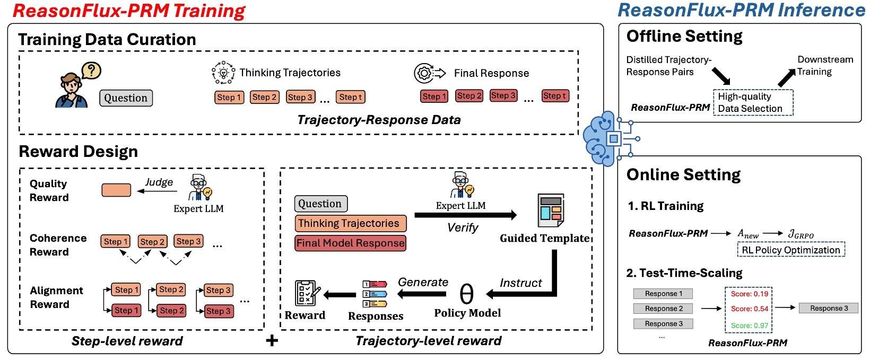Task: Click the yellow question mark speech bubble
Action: [91, 70]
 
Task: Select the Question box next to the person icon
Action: [126, 98]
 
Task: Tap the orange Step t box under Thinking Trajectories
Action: [350, 97]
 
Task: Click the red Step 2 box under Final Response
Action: [469, 96]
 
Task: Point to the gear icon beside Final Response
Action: [424, 73]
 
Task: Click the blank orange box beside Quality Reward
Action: [116, 190]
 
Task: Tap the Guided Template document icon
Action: [551, 210]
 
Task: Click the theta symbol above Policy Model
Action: [466, 293]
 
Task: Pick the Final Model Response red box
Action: [350, 243]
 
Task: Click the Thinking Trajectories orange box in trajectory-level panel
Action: [350, 223]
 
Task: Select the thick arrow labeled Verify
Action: [465, 215]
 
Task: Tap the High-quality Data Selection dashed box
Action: [753, 102]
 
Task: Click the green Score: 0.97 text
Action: [749, 326]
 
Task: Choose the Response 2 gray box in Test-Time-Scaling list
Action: [663, 309]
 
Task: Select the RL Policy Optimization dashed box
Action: [790, 250]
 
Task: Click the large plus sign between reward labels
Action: [272, 340]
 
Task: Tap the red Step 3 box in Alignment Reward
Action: [218, 311]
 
